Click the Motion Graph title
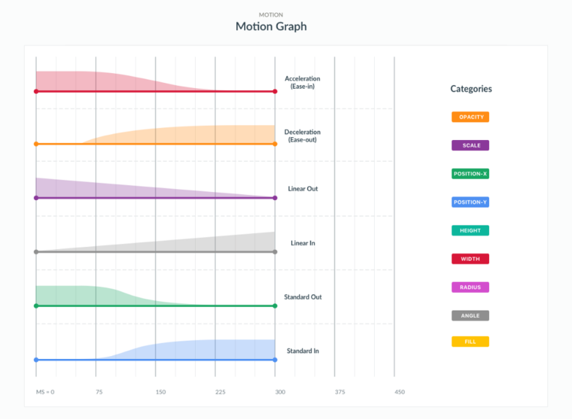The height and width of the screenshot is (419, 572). coord(271,26)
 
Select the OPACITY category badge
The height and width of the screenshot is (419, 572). coord(470,116)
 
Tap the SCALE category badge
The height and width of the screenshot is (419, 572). coord(470,145)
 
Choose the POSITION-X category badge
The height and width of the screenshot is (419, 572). coord(470,174)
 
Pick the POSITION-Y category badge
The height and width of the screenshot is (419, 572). coord(470,202)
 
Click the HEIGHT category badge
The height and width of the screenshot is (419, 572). coord(470,230)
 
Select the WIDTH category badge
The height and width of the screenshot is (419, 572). coord(470,259)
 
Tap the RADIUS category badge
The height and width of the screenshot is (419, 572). coord(470,287)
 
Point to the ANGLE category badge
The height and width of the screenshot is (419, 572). coord(470,316)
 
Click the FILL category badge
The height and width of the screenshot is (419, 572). coord(470,341)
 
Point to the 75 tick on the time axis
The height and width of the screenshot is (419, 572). coord(99,392)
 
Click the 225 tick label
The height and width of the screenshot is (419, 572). coord(220,392)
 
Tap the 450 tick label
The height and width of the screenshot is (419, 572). coord(399,392)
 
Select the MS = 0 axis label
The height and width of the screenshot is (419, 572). coord(45,392)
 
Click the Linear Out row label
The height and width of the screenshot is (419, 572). coord(302,189)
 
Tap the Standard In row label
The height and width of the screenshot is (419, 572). coord(302,351)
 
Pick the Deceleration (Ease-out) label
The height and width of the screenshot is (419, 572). coord(302,136)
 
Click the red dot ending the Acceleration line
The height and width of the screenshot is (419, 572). coord(275,92)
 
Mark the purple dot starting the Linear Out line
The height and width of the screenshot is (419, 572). coord(36,198)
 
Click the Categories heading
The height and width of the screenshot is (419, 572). coord(471,89)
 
